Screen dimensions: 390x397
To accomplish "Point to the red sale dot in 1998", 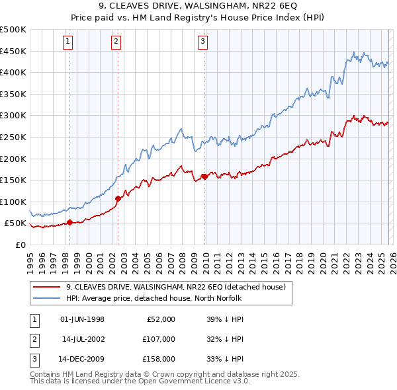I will pyautogui.click(x=69, y=222).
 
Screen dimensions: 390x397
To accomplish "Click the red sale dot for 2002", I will pyautogui.click(x=118, y=198).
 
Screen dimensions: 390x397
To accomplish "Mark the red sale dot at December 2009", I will pyautogui.click(x=205, y=176).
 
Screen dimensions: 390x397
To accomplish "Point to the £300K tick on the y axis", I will pyautogui.click(x=13, y=116).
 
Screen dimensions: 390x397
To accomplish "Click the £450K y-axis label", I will pyautogui.click(x=13, y=51).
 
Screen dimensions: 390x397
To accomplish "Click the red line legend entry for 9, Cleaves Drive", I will pyautogui.click(x=175, y=287).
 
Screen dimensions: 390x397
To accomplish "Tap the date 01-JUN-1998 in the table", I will pyautogui.click(x=82, y=319).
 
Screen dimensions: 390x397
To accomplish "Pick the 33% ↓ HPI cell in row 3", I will pyautogui.click(x=226, y=359).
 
